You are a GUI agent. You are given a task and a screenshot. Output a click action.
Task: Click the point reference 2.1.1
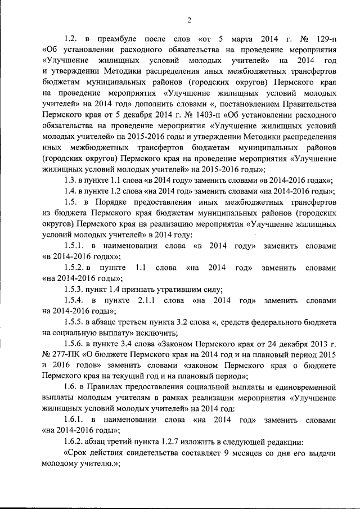(149, 301)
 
